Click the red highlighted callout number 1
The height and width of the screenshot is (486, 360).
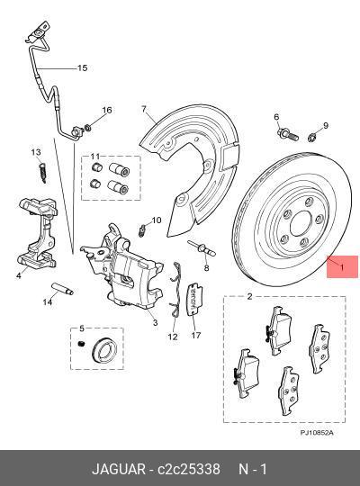[x=340, y=266]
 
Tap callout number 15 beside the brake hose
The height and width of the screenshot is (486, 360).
[x=82, y=68]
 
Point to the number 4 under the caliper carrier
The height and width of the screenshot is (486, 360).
[x=18, y=276]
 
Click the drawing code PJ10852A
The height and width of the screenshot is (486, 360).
[x=316, y=433]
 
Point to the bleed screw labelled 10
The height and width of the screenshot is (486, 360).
[x=142, y=229]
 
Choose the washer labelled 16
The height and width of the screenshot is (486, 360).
[x=88, y=123]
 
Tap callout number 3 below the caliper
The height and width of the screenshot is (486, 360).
[x=155, y=322]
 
